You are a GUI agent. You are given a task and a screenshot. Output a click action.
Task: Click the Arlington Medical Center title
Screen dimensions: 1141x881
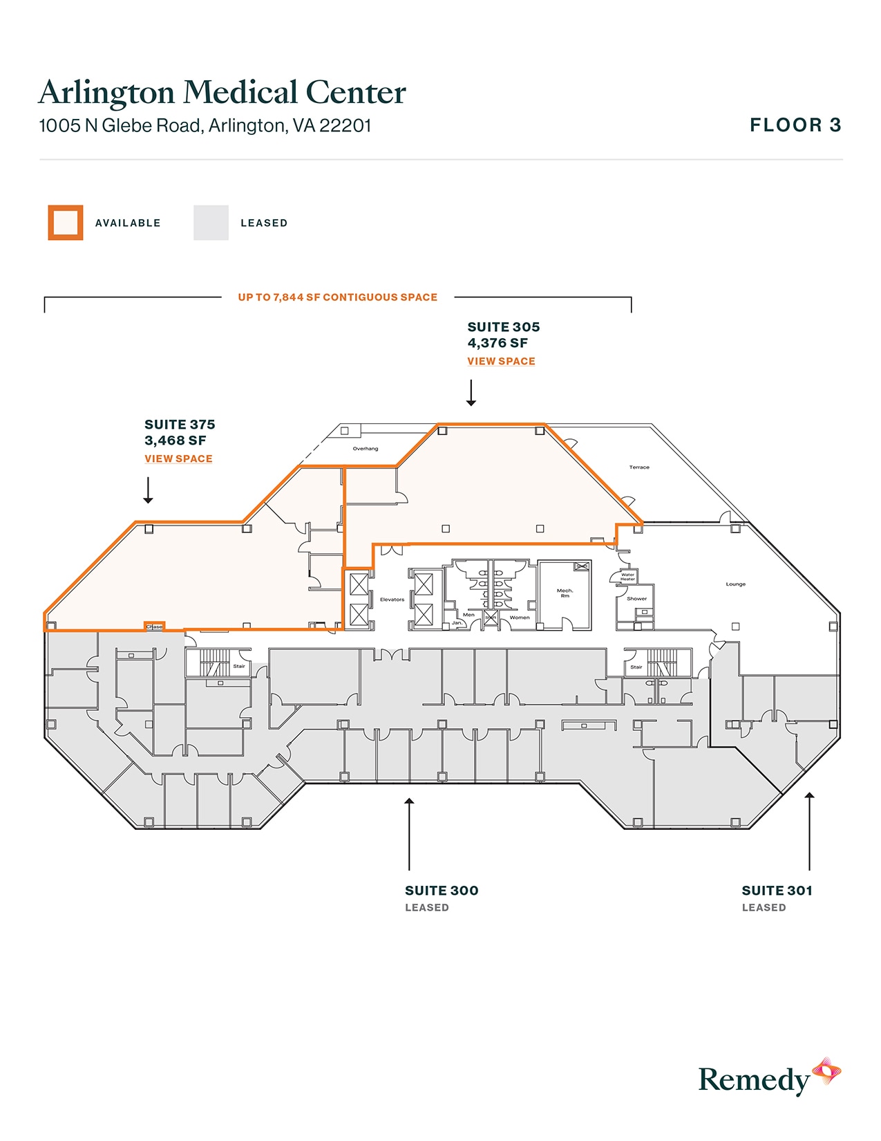[222, 92]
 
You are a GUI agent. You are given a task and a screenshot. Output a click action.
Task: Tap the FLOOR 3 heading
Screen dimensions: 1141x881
[795, 125]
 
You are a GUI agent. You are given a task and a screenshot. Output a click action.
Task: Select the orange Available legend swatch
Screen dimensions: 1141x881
[66, 223]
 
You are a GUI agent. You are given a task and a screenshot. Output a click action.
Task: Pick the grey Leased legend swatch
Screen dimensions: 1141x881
[211, 223]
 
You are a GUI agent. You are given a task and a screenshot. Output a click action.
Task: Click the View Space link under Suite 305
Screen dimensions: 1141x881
[501, 361]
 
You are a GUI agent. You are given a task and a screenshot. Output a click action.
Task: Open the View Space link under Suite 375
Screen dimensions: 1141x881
[178, 458]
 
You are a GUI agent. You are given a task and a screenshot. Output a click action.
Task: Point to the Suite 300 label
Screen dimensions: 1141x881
[442, 891]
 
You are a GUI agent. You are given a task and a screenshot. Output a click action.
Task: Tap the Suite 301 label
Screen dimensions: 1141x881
[777, 891]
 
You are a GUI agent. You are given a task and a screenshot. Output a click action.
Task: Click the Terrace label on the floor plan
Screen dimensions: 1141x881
[639, 467]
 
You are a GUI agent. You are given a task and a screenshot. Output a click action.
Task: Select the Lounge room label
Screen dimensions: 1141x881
[735, 584]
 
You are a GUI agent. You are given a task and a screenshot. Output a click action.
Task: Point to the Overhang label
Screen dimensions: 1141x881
[366, 449]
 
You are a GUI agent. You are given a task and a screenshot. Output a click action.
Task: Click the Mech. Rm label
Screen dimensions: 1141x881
[565, 593]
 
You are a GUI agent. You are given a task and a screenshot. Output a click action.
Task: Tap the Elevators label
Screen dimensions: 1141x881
[392, 600]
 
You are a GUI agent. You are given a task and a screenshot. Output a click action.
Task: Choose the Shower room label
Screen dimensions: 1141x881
[636, 599]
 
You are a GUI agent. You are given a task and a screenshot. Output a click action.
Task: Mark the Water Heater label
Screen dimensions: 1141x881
[627, 577]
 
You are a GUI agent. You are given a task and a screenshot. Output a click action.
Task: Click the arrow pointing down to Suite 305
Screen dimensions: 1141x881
[471, 393]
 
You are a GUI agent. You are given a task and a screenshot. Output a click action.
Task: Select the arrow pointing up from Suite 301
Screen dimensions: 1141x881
[809, 830]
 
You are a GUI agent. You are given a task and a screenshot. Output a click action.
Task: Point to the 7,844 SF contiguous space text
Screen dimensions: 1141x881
[337, 297]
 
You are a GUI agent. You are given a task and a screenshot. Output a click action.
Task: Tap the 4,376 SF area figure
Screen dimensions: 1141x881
[498, 343]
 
